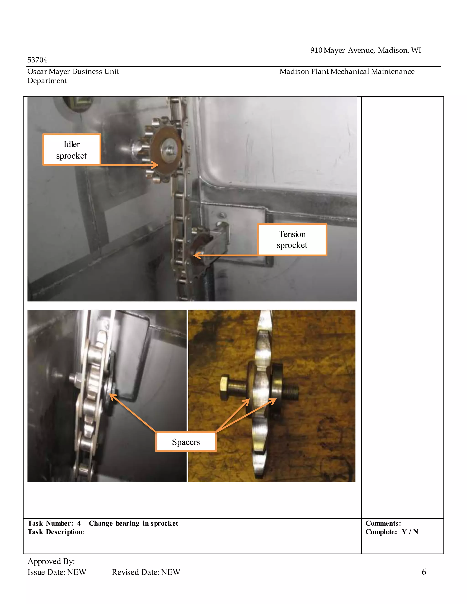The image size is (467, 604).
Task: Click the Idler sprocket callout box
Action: click(72, 150)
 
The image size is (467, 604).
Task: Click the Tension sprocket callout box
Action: click(292, 240)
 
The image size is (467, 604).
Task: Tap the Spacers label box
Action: click(186, 442)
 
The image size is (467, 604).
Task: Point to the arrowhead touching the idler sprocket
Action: click(156, 165)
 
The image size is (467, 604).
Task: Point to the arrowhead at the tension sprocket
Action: click(196, 255)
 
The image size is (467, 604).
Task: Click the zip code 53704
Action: click(37, 60)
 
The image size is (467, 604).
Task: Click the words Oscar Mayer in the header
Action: click(48, 72)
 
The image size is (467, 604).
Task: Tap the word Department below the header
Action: click(47, 81)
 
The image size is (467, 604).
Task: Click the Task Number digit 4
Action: click(79, 523)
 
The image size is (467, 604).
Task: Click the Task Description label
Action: click(55, 532)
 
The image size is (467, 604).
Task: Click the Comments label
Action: click(383, 523)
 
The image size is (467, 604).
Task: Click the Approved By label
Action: click(51, 561)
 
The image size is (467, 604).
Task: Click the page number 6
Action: click(424, 572)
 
